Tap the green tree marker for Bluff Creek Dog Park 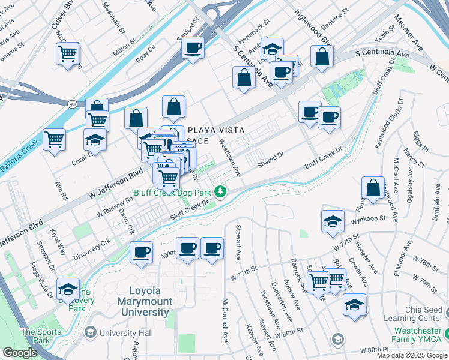221,191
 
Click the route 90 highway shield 72,104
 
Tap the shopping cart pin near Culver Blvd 68,54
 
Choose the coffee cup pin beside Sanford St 193,48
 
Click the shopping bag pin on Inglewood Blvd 322,56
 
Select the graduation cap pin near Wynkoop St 333,221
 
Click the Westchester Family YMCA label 419,335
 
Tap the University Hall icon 91,332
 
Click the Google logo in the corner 19,353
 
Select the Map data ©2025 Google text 411,355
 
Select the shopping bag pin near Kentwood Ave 373,188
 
